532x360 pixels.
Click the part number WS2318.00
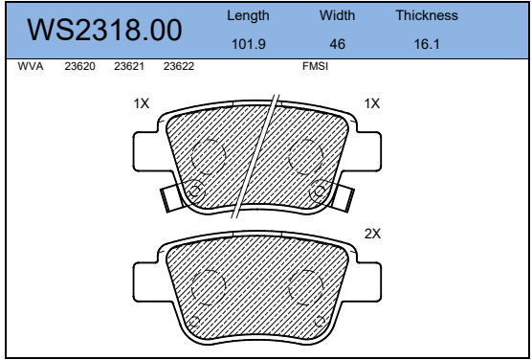[x=104, y=31]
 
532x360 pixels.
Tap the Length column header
[x=248, y=15]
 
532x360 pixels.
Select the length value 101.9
[x=249, y=44]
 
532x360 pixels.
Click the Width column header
[x=337, y=15]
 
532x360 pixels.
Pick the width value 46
[x=337, y=44]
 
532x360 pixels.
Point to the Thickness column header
[x=427, y=15]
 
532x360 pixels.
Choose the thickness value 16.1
[x=427, y=44]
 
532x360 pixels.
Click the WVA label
[x=31, y=66]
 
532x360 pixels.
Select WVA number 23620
[x=80, y=66]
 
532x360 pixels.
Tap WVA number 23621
[x=129, y=66]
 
